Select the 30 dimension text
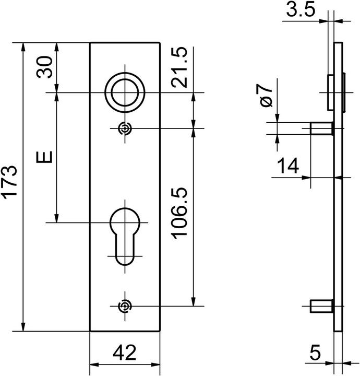(x=44, y=67)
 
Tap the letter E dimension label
(x=44, y=157)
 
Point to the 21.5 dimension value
(x=179, y=67)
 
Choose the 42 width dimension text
(x=125, y=352)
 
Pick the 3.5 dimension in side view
(x=301, y=10)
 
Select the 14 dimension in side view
(x=288, y=166)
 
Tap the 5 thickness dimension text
(x=315, y=352)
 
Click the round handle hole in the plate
(x=125, y=92)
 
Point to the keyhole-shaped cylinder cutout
(x=125, y=237)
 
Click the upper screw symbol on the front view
(x=125, y=128)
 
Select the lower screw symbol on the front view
(x=125, y=306)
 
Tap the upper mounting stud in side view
(x=322, y=128)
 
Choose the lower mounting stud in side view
(x=322, y=306)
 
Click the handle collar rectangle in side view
(x=331, y=92)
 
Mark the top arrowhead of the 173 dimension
(x=23, y=47)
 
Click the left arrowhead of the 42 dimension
(x=94, y=365)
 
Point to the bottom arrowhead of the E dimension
(x=57, y=218)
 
